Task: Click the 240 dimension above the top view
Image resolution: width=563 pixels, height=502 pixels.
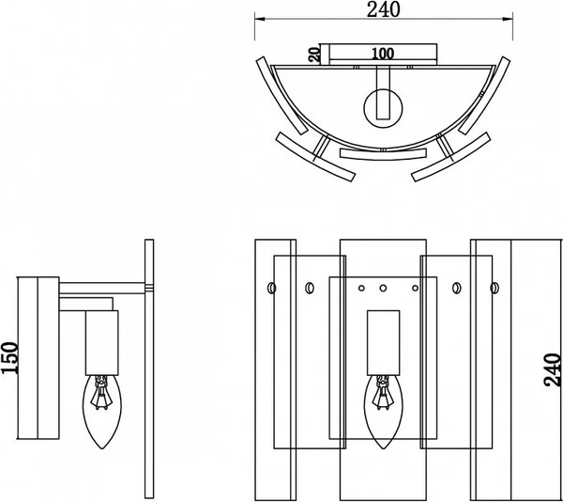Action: click(383, 9)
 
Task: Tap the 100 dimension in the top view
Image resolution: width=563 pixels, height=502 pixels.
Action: click(383, 54)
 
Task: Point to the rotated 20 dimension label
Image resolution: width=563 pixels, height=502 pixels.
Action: click(315, 55)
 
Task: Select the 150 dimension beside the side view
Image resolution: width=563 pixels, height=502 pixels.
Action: click(9, 358)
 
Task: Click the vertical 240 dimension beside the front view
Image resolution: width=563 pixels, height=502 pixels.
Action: click(553, 370)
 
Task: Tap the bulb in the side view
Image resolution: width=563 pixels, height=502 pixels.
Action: click(102, 412)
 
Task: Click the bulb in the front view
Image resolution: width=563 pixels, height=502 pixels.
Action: click(383, 412)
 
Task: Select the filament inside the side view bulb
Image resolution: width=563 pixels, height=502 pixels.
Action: click(101, 393)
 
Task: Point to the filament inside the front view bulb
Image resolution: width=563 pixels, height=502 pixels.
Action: click(383, 393)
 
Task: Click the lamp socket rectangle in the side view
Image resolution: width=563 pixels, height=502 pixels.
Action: click(102, 343)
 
